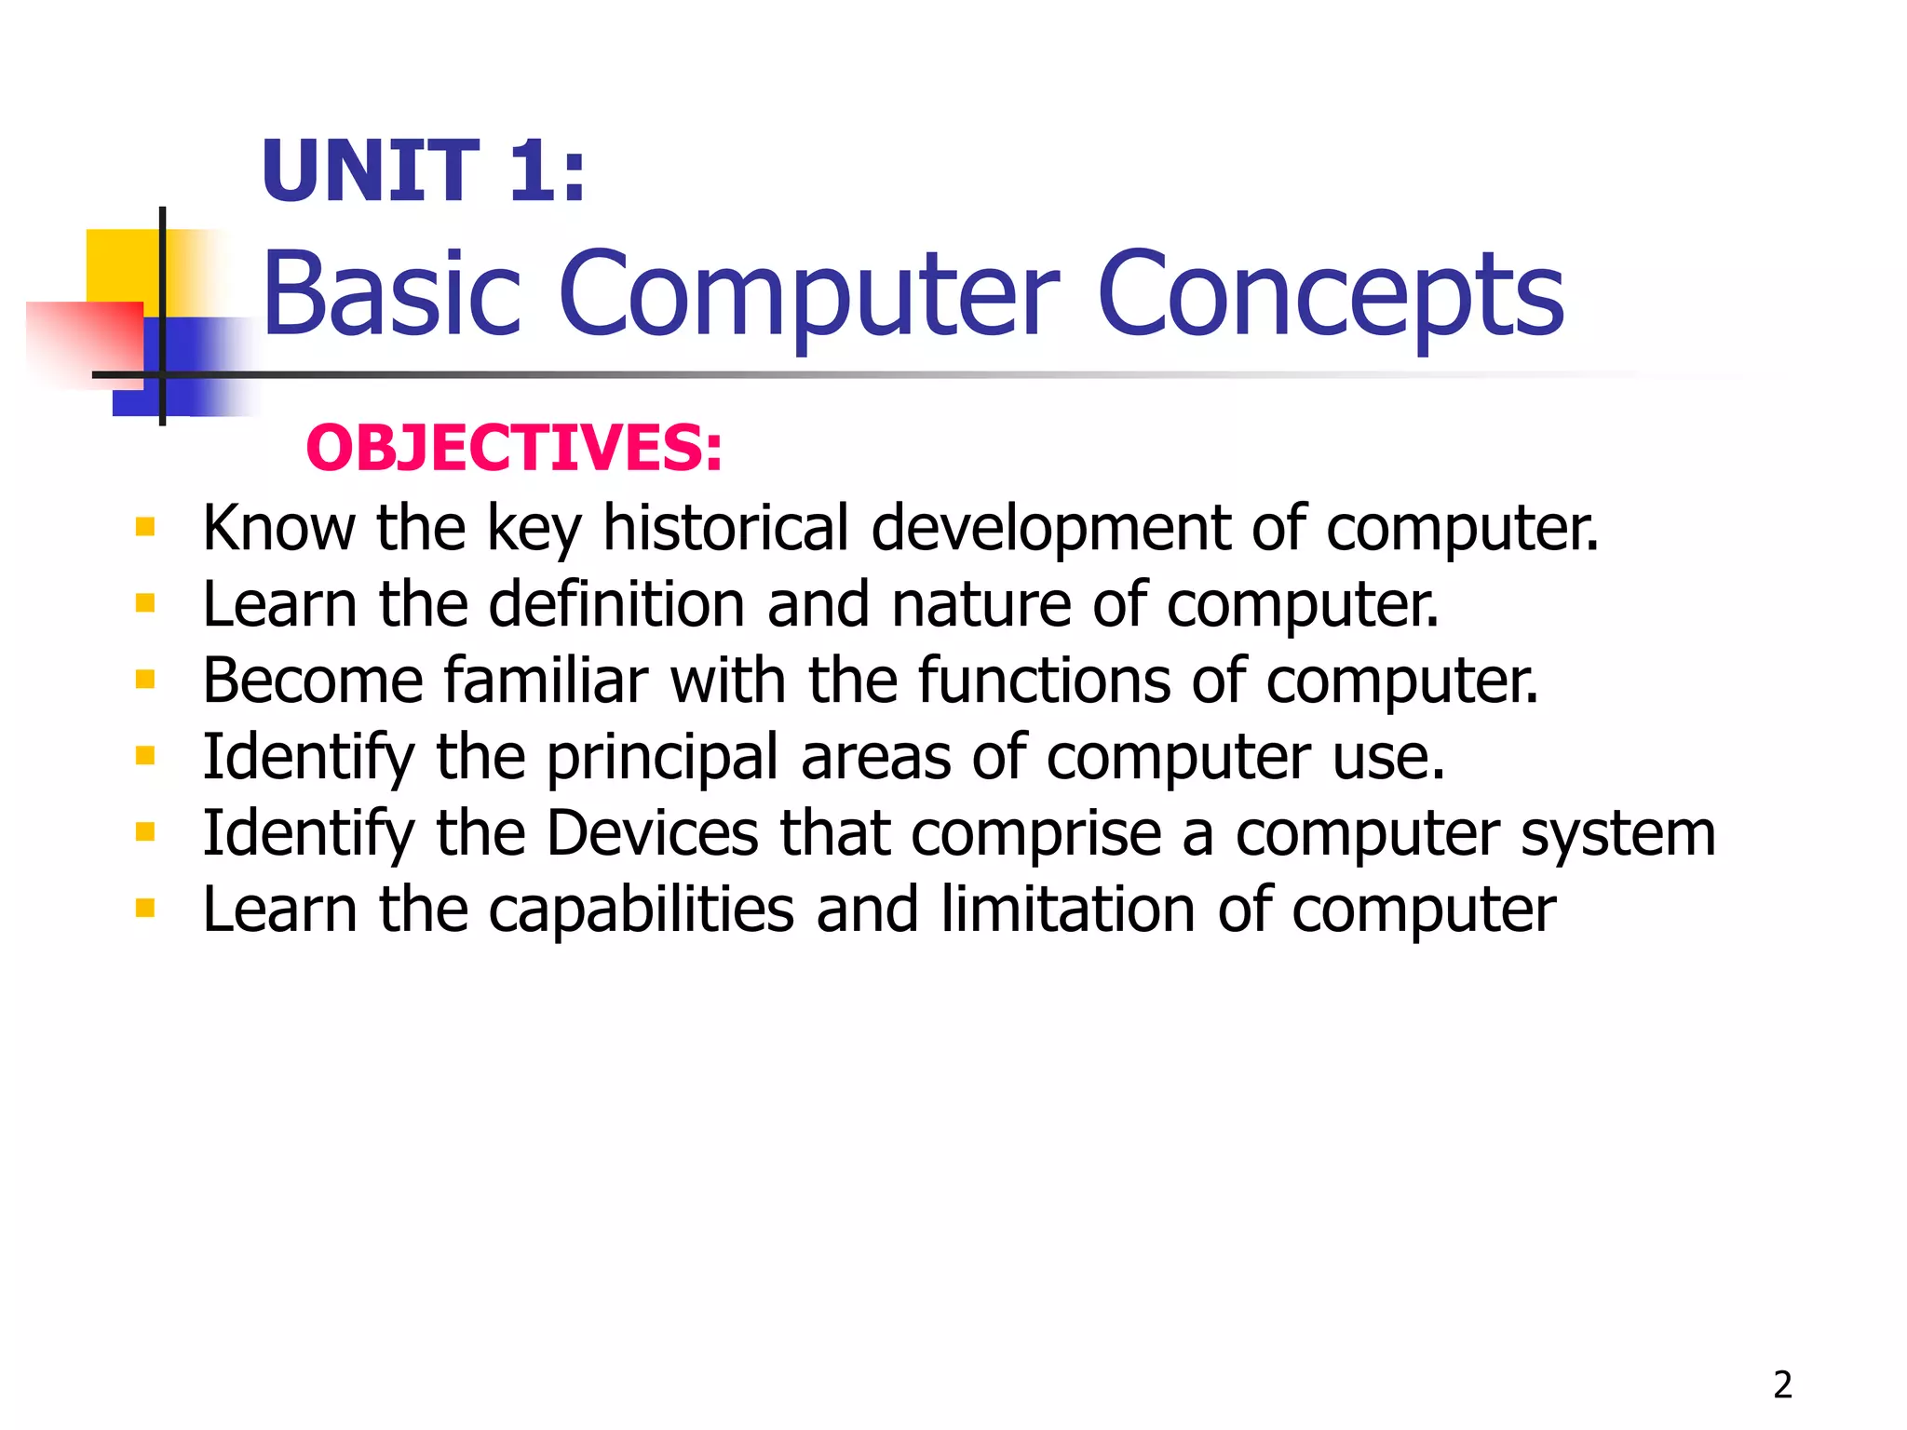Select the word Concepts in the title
(x=1332, y=296)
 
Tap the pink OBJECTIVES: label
(x=514, y=448)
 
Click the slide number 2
(x=1782, y=1385)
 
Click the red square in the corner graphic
(x=84, y=340)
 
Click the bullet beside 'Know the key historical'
(x=145, y=528)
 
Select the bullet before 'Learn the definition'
(x=145, y=604)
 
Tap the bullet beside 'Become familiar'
(x=145, y=681)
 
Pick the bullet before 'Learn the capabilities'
(x=145, y=909)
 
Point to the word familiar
(x=546, y=681)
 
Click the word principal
(x=662, y=757)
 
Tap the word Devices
(x=653, y=833)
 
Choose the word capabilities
(x=642, y=910)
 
